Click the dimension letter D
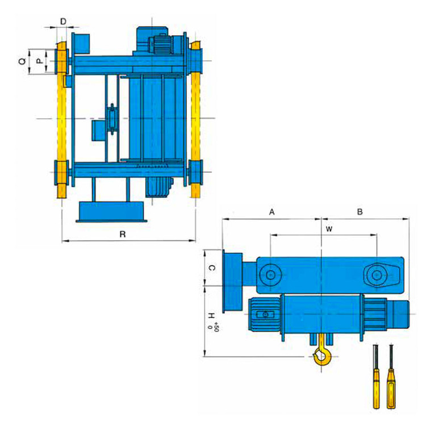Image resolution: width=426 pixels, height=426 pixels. [63, 22]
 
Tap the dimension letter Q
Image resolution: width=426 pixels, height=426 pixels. [22, 61]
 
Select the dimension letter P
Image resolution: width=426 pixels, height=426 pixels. [40, 61]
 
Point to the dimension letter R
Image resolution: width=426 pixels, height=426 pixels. [123, 234]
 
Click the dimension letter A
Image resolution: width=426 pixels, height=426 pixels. [272, 212]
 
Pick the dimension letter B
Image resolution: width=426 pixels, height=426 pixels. [360, 212]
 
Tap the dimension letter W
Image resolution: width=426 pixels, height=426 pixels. [329, 229]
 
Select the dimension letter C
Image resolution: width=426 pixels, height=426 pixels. [212, 268]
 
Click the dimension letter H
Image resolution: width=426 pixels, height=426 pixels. [211, 316]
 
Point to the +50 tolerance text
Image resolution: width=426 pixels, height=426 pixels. [216, 326]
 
